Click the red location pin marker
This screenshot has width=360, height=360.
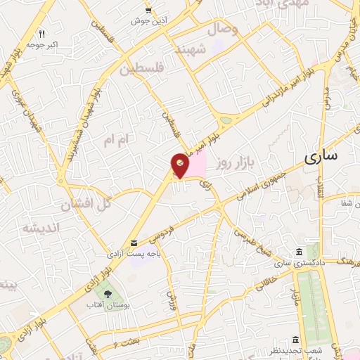(x=180, y=166)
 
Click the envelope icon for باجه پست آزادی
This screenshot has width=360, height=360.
(x=134, y=243)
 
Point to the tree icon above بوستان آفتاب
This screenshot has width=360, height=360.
(x=108, y=294)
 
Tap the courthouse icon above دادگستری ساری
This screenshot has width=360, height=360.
(x=300, y=252)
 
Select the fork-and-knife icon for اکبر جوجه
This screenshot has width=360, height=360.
(x=41, y=34)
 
